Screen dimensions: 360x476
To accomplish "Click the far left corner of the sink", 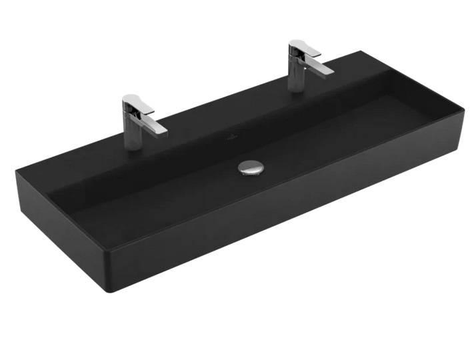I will [x=17, y=172].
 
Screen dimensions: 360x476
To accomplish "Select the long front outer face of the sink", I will [x=287, y=220].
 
